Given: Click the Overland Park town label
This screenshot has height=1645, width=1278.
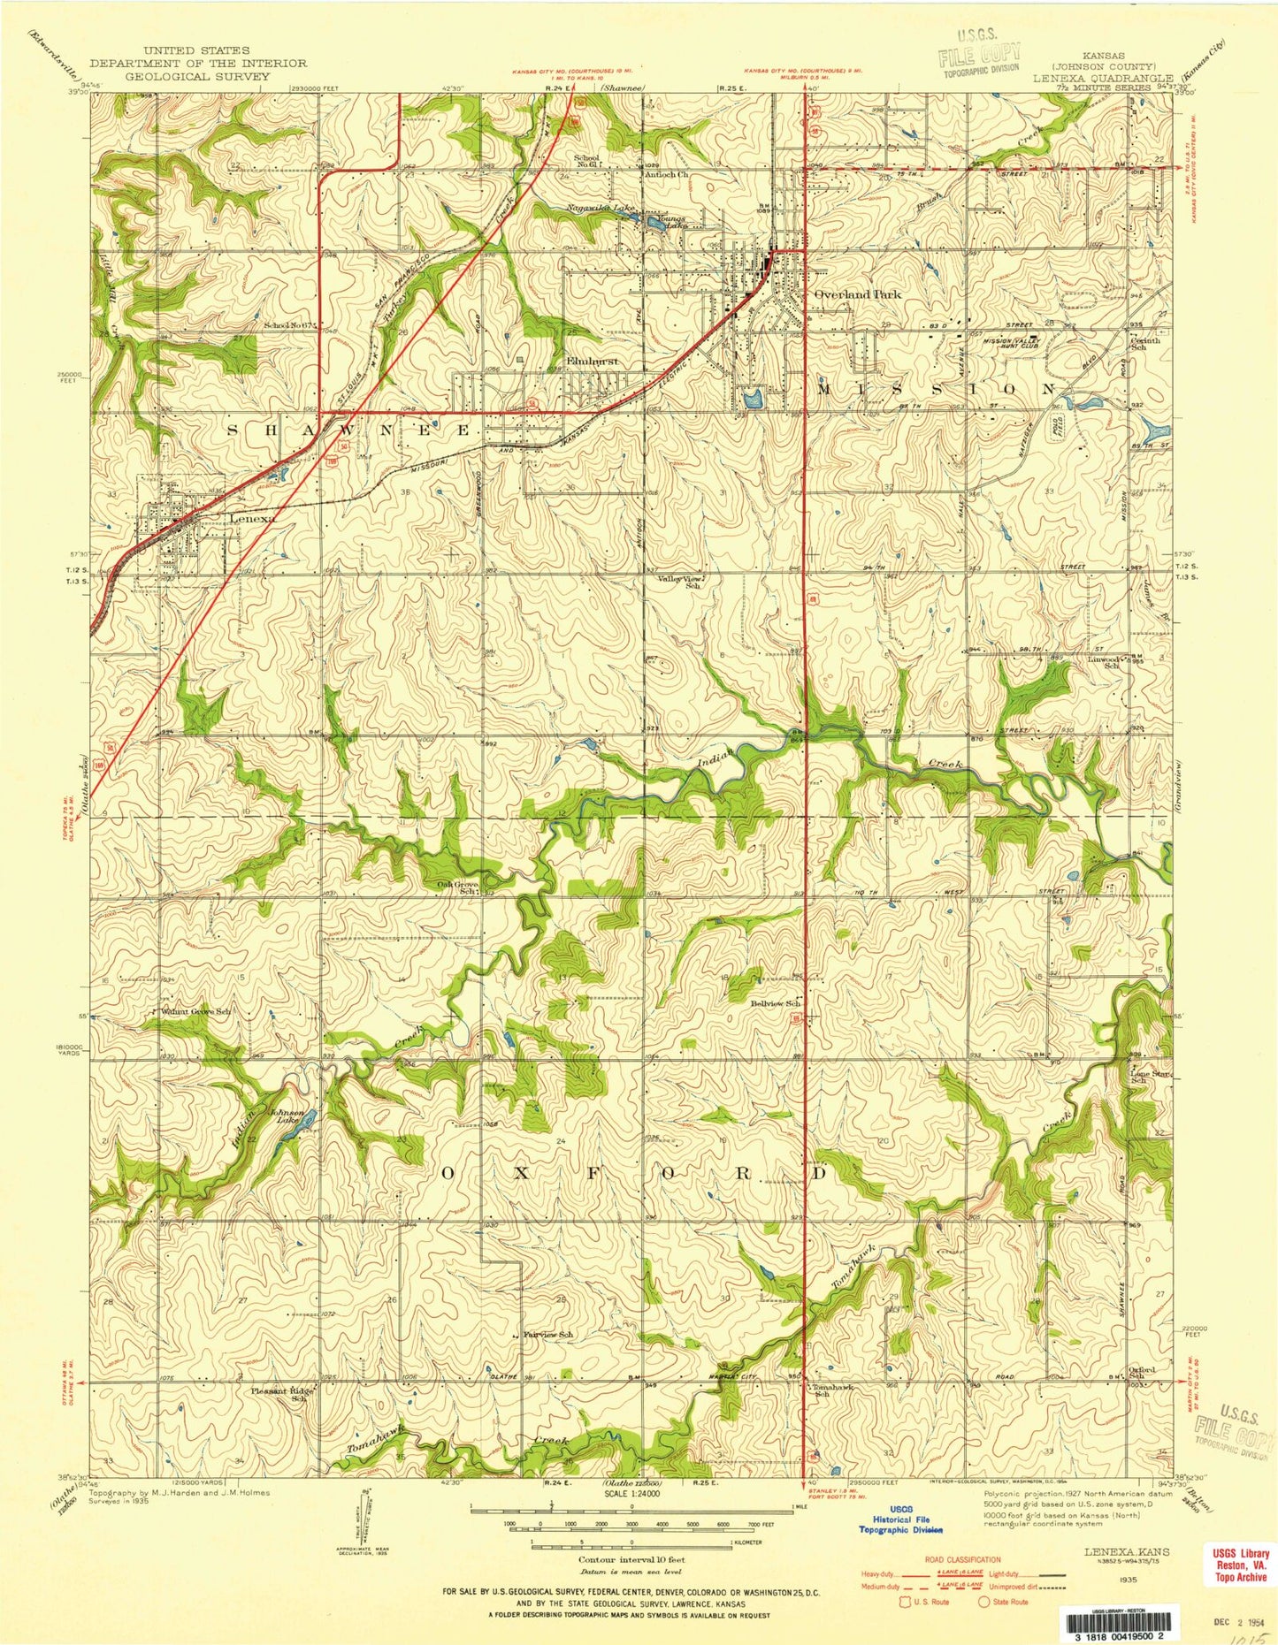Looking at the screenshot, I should pyautogui.click(x=857, y=294).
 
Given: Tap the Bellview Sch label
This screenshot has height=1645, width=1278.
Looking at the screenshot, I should pyautogui.click(x=776, y=1003).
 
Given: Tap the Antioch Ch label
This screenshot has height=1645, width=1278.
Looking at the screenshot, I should pyautogui.click(x=666, y=175).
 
